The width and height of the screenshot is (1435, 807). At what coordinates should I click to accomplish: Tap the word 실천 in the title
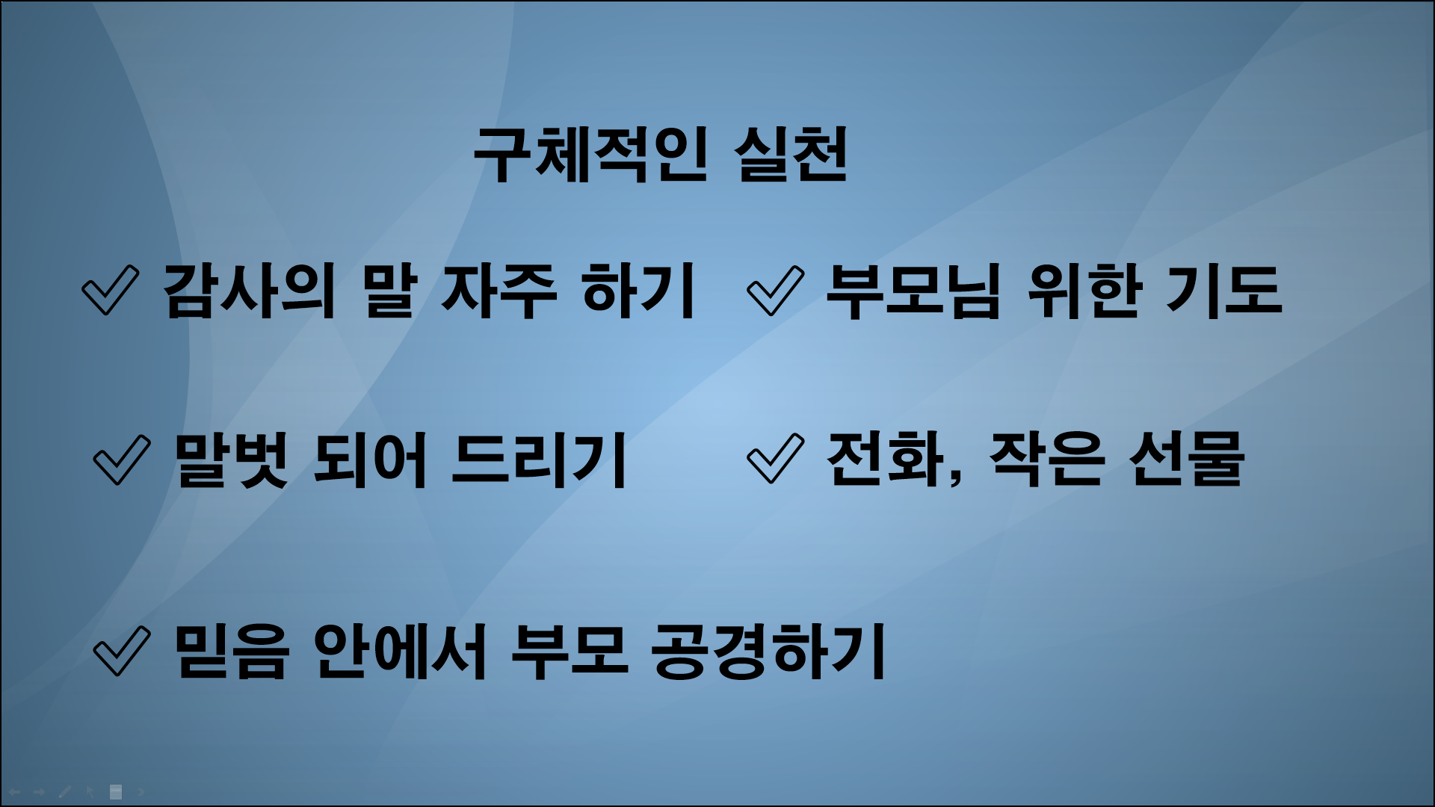792,155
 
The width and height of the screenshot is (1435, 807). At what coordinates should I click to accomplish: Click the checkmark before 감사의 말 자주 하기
110,290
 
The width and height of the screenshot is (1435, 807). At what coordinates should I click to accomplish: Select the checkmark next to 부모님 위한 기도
775,290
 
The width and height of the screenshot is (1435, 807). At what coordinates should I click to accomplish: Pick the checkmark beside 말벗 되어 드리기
122,460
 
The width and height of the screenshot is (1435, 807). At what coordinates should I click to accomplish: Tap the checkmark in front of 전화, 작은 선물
775,459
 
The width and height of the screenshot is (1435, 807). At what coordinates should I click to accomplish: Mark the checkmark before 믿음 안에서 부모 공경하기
122,650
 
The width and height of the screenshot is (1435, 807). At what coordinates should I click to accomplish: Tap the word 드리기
539,460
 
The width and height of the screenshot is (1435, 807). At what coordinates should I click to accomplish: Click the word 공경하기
769,650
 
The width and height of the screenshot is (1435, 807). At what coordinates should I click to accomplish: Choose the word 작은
1046,459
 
